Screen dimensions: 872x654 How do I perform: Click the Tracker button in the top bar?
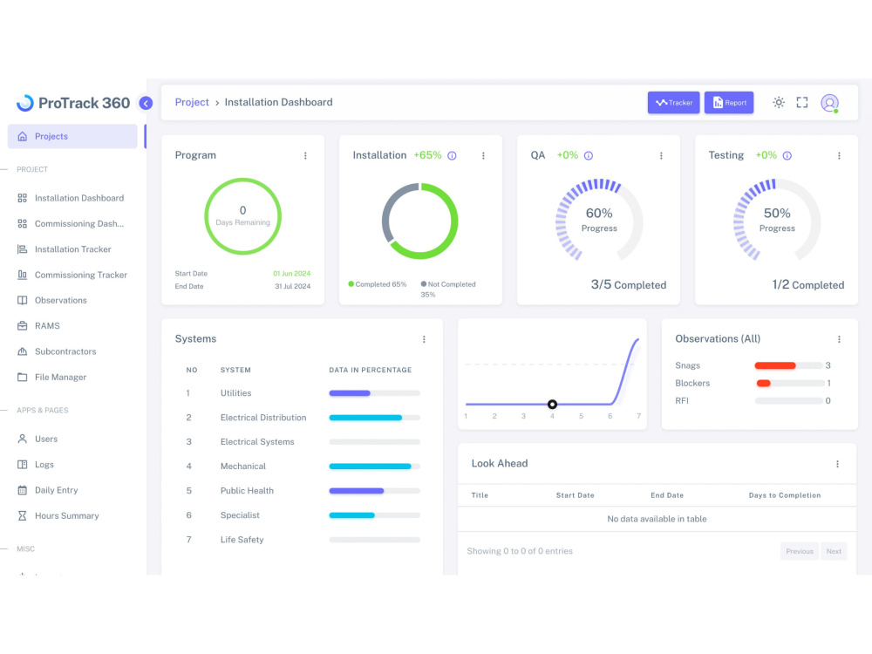tap(673, 102)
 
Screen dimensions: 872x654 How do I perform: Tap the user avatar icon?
tap(830, 103)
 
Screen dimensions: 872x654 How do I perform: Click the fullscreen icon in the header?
tap(802, 102)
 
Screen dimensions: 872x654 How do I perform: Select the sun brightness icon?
tap(779, 102)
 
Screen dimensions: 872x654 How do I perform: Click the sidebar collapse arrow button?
tap(146, 103)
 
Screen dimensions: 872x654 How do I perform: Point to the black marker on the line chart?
tap(552, 405)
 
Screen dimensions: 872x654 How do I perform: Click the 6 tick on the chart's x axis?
tap(610, 416)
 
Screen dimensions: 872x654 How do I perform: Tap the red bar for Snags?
tap(774, 365)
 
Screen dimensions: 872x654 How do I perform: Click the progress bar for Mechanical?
tap(374, 467)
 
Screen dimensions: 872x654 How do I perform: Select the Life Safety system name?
tap(242, 540)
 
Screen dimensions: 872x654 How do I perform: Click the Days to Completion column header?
tap(785, 495)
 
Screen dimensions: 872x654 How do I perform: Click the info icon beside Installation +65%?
tap(452, 156)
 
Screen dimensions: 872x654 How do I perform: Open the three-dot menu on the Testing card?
tap(839, 156)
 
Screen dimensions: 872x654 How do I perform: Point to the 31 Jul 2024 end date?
tap(292, 286)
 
